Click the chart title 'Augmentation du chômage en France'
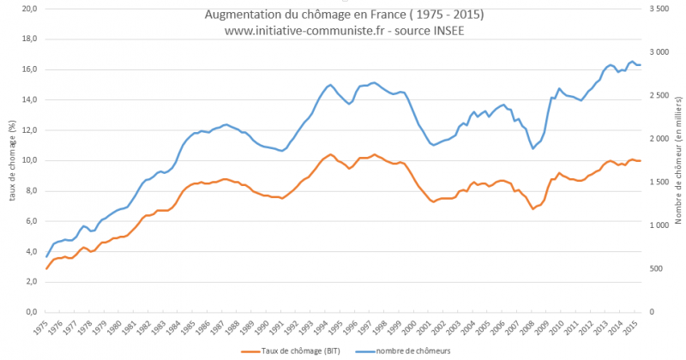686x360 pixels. (x=343, y=15)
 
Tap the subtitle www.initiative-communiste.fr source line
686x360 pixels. (x=343, y=30)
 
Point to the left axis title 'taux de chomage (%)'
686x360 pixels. (x=12, y=159)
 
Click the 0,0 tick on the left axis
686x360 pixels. (x=29, y=312)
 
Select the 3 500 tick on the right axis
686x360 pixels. (x=660, y=9)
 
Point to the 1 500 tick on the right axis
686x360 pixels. (x=660, y=182)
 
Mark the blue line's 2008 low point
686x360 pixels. (x=533, y=148)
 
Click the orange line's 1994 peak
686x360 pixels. (x=330, y=154)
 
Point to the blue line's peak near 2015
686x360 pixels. (x=632, y=61)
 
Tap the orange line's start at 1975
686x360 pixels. (x=46, y=269)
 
